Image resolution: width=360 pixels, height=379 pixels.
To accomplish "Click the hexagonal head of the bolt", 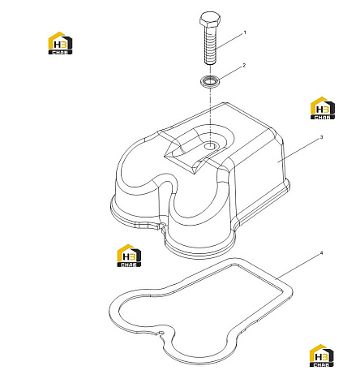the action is (x=210, y=19).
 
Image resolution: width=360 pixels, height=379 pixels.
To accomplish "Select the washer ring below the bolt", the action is (x=210, y=80).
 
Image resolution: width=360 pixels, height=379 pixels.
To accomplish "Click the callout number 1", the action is (x=245, y=32).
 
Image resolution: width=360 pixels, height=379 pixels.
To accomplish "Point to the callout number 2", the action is (x=244, y=66).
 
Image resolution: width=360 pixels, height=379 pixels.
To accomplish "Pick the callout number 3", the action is (x=321, y=137).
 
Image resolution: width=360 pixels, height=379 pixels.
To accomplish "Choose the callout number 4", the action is (x=321, y=253).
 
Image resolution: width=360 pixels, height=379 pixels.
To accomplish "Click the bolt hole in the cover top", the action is (x=209, y=146).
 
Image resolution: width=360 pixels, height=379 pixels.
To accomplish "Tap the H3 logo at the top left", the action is (x=60, y=43).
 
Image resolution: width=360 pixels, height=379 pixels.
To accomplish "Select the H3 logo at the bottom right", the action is (x=321, y=355).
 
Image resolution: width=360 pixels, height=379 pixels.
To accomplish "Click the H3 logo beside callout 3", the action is (x=323, y=108).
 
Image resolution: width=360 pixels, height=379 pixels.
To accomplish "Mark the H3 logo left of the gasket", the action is (x=129, y=256).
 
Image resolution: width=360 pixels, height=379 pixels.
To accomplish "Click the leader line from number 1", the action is (x=229, y=41).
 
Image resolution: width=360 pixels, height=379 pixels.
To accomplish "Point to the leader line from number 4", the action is (x=298, y=267).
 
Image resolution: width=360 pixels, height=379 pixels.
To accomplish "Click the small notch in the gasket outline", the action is (x=161, y=334).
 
